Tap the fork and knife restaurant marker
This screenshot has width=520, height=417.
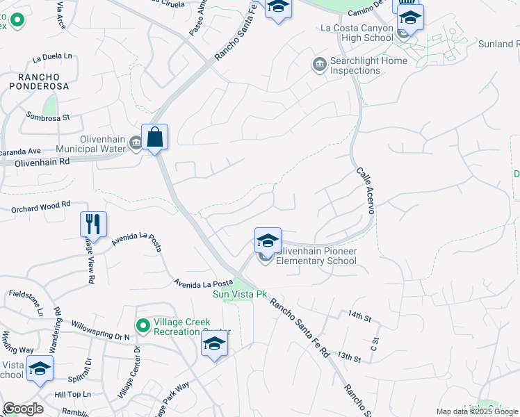coord(93,224)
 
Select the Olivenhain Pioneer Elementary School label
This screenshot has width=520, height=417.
coord(316,256)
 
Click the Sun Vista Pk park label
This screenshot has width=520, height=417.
coord(241,294)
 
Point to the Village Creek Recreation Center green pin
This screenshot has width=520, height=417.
coord(143,325)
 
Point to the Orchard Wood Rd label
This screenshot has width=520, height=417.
coord(40,205)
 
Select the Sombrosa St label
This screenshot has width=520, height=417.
coord(48,117)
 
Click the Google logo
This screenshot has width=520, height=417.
coord(23,409)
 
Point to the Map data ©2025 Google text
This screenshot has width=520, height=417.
coord(477,411)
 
